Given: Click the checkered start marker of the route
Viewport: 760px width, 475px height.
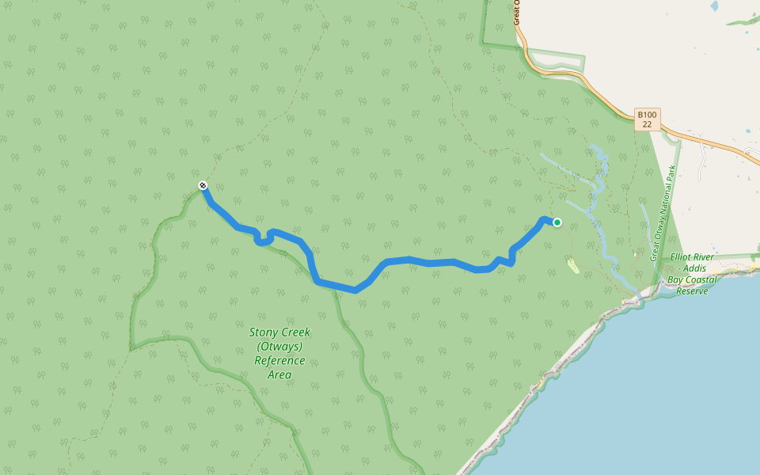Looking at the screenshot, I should pyautogui.click(x=203, y=185).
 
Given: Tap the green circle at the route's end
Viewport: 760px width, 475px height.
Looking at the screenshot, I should pyautogui.click(x=557, y=222).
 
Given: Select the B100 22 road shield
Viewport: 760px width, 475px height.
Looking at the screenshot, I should pyautogui.click(x=648, y=120).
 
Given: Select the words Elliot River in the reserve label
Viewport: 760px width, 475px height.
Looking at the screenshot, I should pyautogui.click(x=692, y=257).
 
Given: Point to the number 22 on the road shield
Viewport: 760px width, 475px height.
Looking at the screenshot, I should pyautogui.click(x=648, y=125).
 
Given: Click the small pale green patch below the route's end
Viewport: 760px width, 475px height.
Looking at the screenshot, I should pyautogui.click(x=572, y=264).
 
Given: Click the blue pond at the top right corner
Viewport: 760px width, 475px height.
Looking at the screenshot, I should pyautogui.click(x=715, y=6).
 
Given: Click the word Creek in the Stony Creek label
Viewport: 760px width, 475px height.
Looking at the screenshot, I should pyautogui.click(x=295, y=333).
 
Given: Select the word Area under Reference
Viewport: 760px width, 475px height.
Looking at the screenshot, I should pyautogui.click(x=279, y=374).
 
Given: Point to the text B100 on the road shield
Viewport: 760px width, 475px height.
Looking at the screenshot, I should pyautogui.click(x=648, y=115).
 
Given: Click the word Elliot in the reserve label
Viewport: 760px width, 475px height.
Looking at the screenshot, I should pyautogui.click(x=682, y=257).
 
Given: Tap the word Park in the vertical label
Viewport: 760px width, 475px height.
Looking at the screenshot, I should pyautogui.click(x=671, y=175).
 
